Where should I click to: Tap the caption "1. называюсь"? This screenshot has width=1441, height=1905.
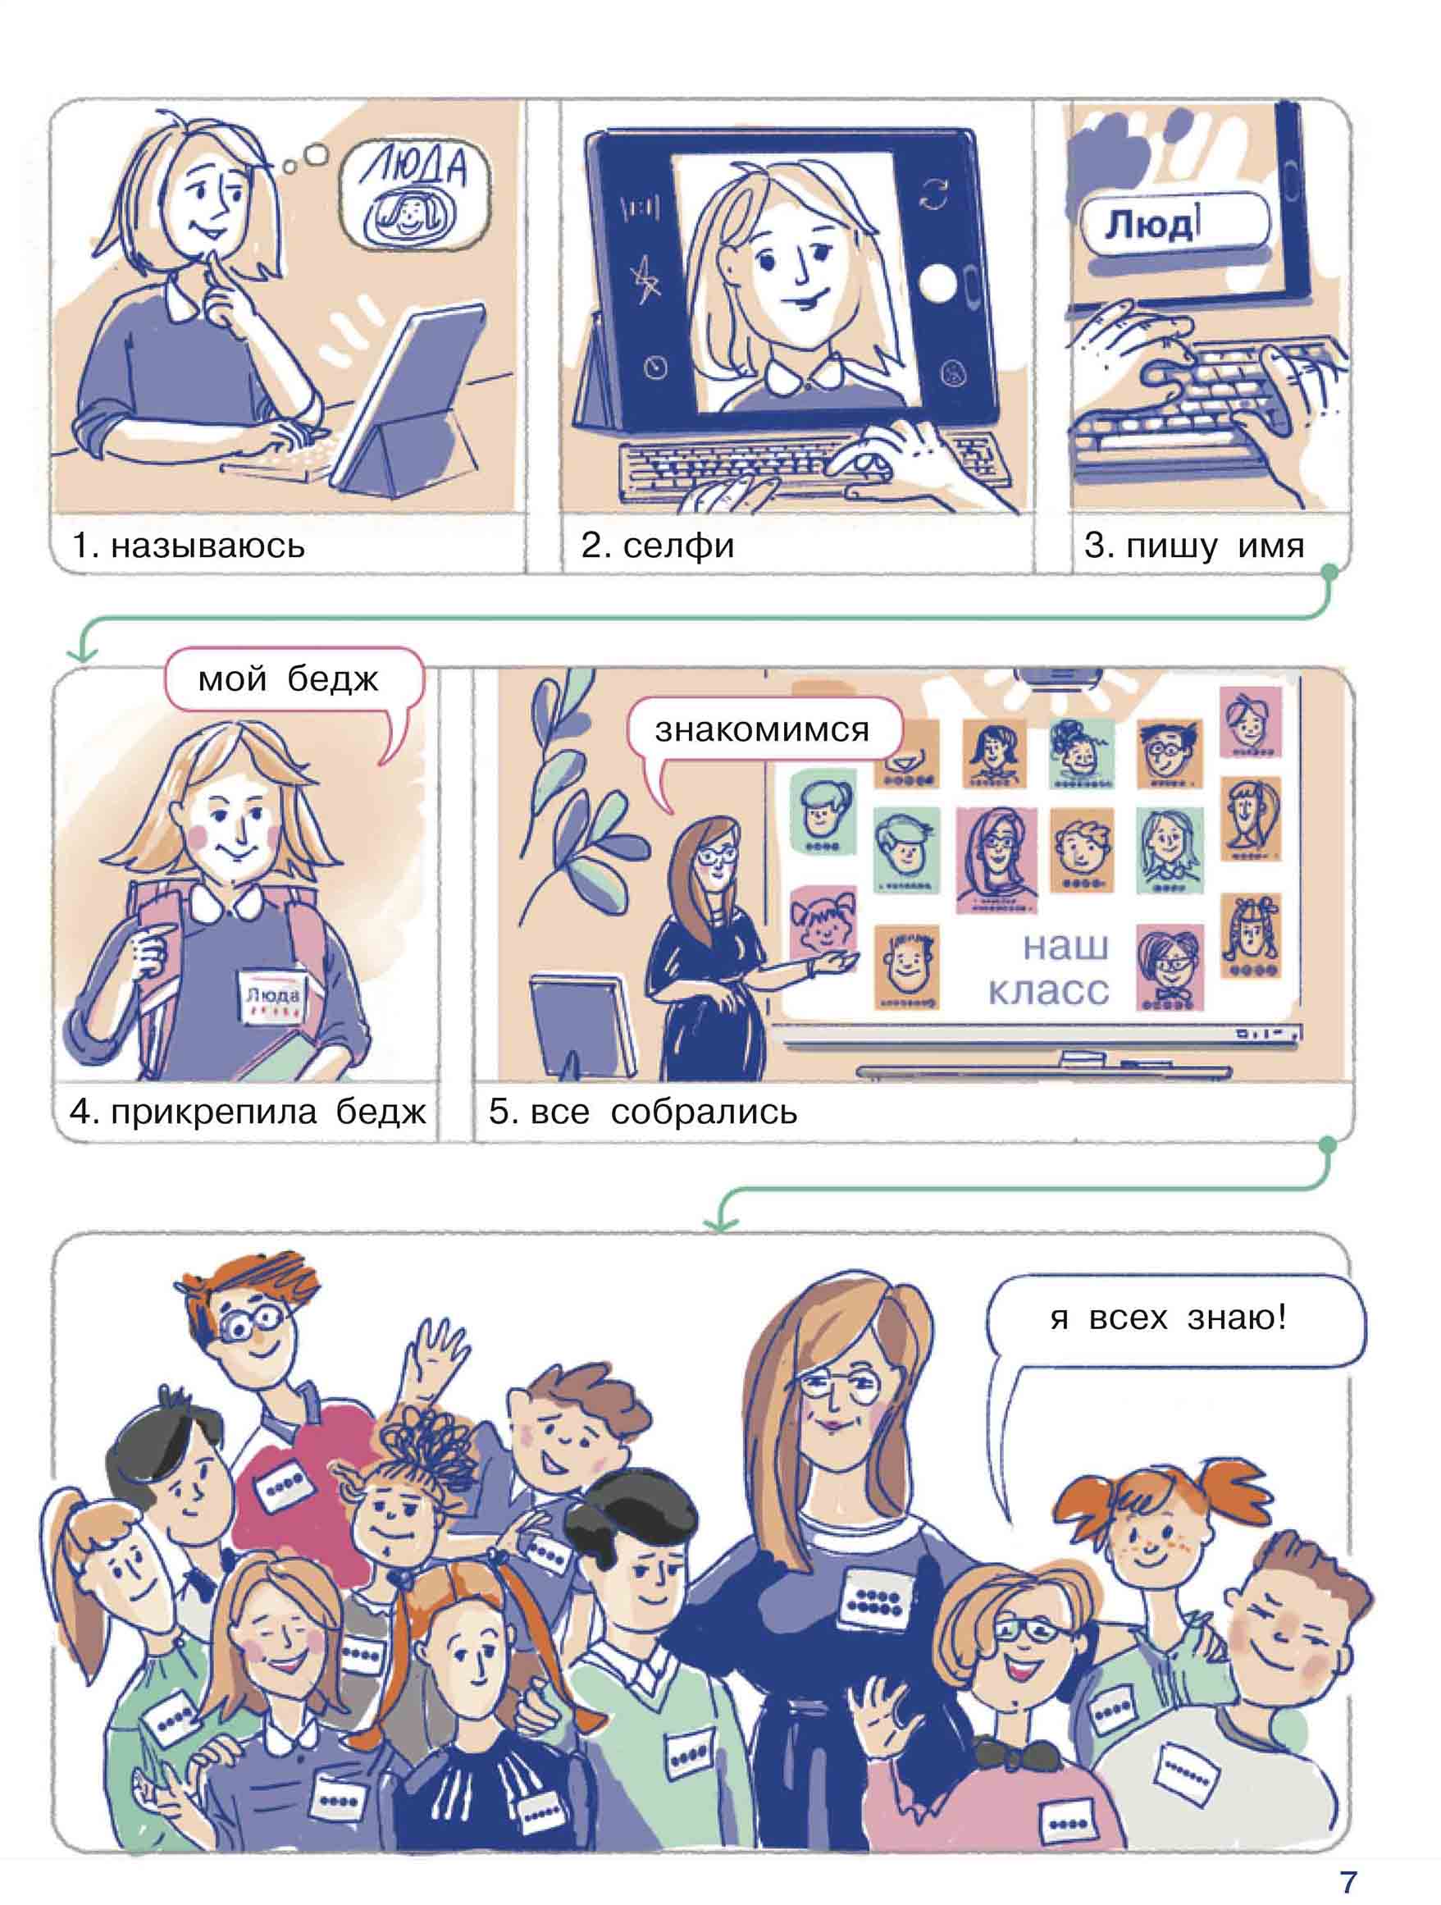click(x=189, y=545)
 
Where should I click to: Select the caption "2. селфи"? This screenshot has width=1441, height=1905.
click(x=657, y=545)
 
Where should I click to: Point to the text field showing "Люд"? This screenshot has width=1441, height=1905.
click(x=1174, y=223)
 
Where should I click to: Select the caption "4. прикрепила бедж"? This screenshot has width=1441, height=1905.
click(x=248, y=1112)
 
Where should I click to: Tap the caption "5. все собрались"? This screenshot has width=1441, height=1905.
click(x=643, y=1112)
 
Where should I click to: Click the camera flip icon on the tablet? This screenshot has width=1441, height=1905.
click(x=933, y=194)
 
